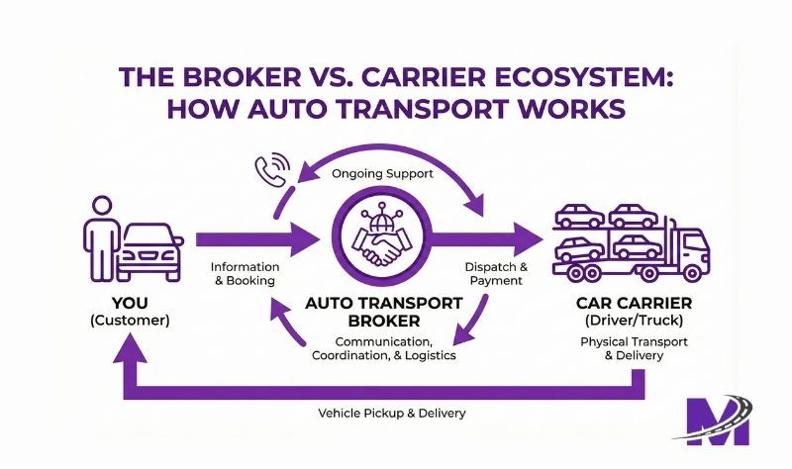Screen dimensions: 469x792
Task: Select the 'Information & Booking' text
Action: point(245,274)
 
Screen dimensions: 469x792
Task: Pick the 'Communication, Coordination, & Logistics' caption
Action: point(383,348)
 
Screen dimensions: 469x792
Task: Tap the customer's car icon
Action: point(150,250)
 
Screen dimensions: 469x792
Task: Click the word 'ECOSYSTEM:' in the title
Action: point(552,79)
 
